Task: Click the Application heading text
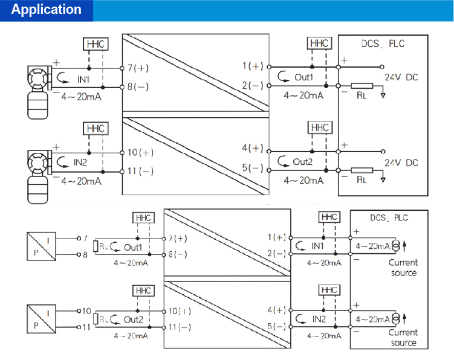coord(47,10)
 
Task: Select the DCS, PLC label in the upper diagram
coord(383,43)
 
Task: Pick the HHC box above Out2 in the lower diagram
coord(143,291)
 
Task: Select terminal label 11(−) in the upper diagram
coord(140,172)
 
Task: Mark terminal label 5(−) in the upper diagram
coord(253,169)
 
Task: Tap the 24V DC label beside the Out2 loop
coord(401,163)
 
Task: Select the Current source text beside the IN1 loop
coord(403,268)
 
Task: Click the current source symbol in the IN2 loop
coord(395,318)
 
